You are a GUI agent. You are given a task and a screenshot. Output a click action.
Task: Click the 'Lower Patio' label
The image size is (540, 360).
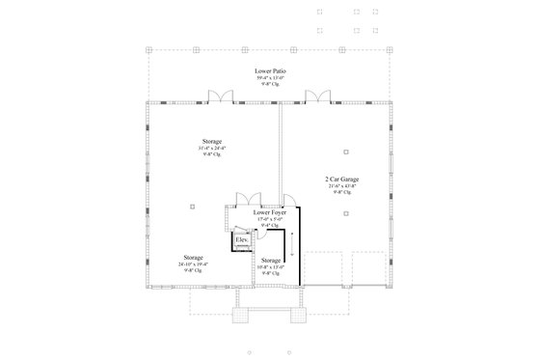pyautogui.click(x=270, y=71)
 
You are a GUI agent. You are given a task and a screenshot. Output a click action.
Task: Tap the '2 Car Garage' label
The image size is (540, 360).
pyautogui.click(x=341, y=179)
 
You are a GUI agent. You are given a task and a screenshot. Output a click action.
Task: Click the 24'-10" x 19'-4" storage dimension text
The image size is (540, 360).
pyautogui.click(x=193, y=263)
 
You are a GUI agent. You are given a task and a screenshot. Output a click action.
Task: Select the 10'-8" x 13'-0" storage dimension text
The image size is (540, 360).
pyautogui.click(x=271, y=267)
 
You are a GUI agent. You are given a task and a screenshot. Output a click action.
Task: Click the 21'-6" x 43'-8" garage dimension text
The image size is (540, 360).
pyautogui.click(x=341, y=185)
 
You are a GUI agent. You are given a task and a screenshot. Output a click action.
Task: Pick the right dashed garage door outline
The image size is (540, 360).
pyautogui.click(x=366, y=269)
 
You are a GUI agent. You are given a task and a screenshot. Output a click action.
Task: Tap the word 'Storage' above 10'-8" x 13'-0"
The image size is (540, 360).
pyautogui.click(x=271, y=261)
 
